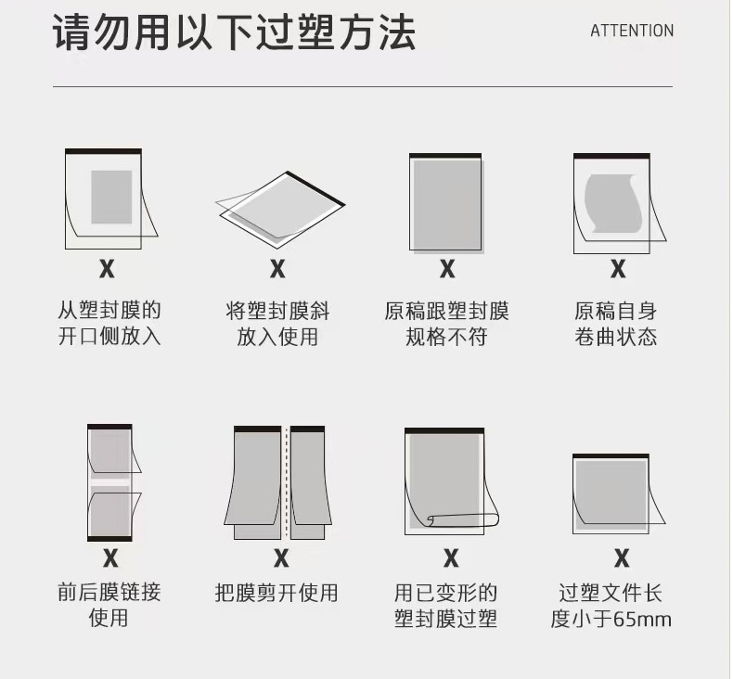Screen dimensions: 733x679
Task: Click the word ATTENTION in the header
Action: click(632, 31)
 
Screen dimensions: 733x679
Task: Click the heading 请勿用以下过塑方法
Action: click(234, 32)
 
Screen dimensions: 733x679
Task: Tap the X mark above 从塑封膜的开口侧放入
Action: click(107, 269)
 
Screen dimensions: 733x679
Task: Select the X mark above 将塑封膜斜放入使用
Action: click(277, 269)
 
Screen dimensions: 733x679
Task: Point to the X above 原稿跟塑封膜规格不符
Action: click(447, 269)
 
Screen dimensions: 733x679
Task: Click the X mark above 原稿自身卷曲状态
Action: click(618, 269)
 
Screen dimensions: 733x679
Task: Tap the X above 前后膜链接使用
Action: click(110, 558)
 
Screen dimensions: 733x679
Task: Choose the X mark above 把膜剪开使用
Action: click(281, 558)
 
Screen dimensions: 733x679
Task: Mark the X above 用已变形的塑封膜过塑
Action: click(451, 558)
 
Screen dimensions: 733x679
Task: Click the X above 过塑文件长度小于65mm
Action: click(622, 558)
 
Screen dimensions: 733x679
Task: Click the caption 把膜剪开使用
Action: click(276, 593)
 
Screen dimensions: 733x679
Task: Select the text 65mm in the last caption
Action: click(642, 620)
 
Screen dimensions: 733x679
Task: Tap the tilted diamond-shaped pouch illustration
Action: click(280, 210)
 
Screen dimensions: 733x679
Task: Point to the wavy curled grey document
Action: click(613, 203)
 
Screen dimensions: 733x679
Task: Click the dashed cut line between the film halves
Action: click(286, 482)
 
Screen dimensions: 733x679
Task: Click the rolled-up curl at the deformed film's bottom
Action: click(463, 519)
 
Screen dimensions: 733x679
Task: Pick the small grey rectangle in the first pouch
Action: click(111, 198)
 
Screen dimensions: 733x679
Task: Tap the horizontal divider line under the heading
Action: click(363, 86)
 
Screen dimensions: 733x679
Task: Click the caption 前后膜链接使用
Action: click(109, 605)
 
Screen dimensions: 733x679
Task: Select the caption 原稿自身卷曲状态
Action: click(616, 324)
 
